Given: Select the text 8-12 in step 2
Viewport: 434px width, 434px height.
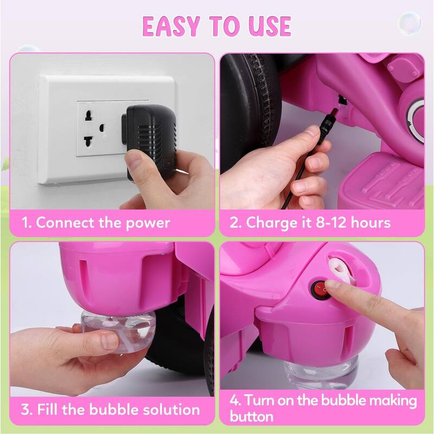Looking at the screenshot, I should click(x=328, y=222).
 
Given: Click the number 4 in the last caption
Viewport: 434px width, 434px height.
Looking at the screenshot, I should click(x=234, y=401).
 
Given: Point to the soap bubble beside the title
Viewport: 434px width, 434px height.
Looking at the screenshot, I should click(x=409, y=23).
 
